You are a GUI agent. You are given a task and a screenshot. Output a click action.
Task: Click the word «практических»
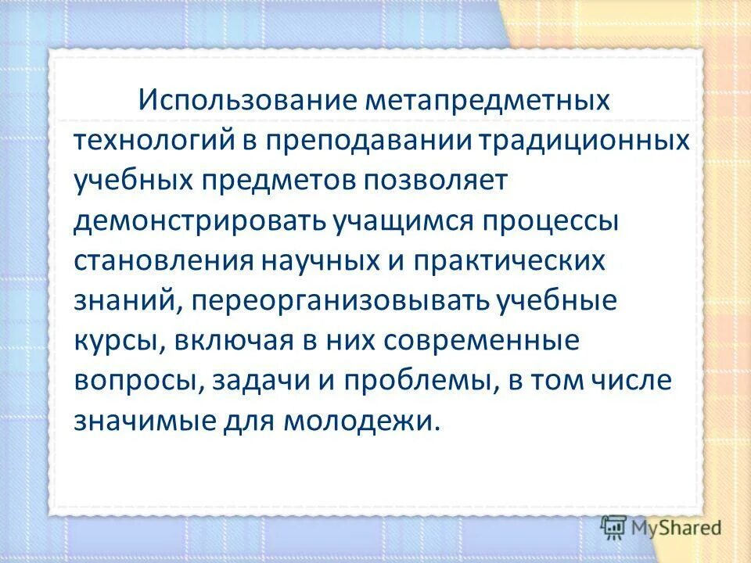click(514, 262)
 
